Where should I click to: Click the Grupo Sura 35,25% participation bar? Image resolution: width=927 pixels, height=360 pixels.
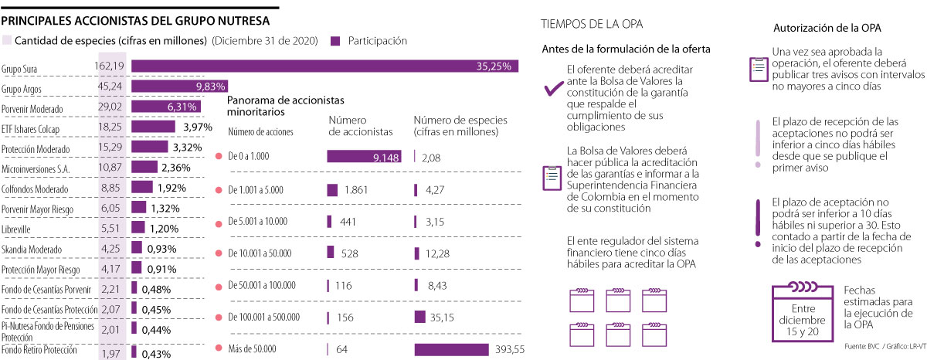click(x=324, y=66)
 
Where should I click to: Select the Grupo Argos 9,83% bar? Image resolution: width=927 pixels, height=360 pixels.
click(x=179, y=87)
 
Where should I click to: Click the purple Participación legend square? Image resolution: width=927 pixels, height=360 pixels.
click(x=335, y=40)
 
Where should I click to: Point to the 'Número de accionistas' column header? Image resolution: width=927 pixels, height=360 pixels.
click(x=361, y=126)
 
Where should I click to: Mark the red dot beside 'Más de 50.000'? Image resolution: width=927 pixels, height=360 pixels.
click(x=219, y=349)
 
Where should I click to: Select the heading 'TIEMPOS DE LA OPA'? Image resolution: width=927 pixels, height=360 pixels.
click(x=592, y=23)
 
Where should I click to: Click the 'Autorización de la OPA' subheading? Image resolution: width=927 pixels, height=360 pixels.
click(x=827, y=28)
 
